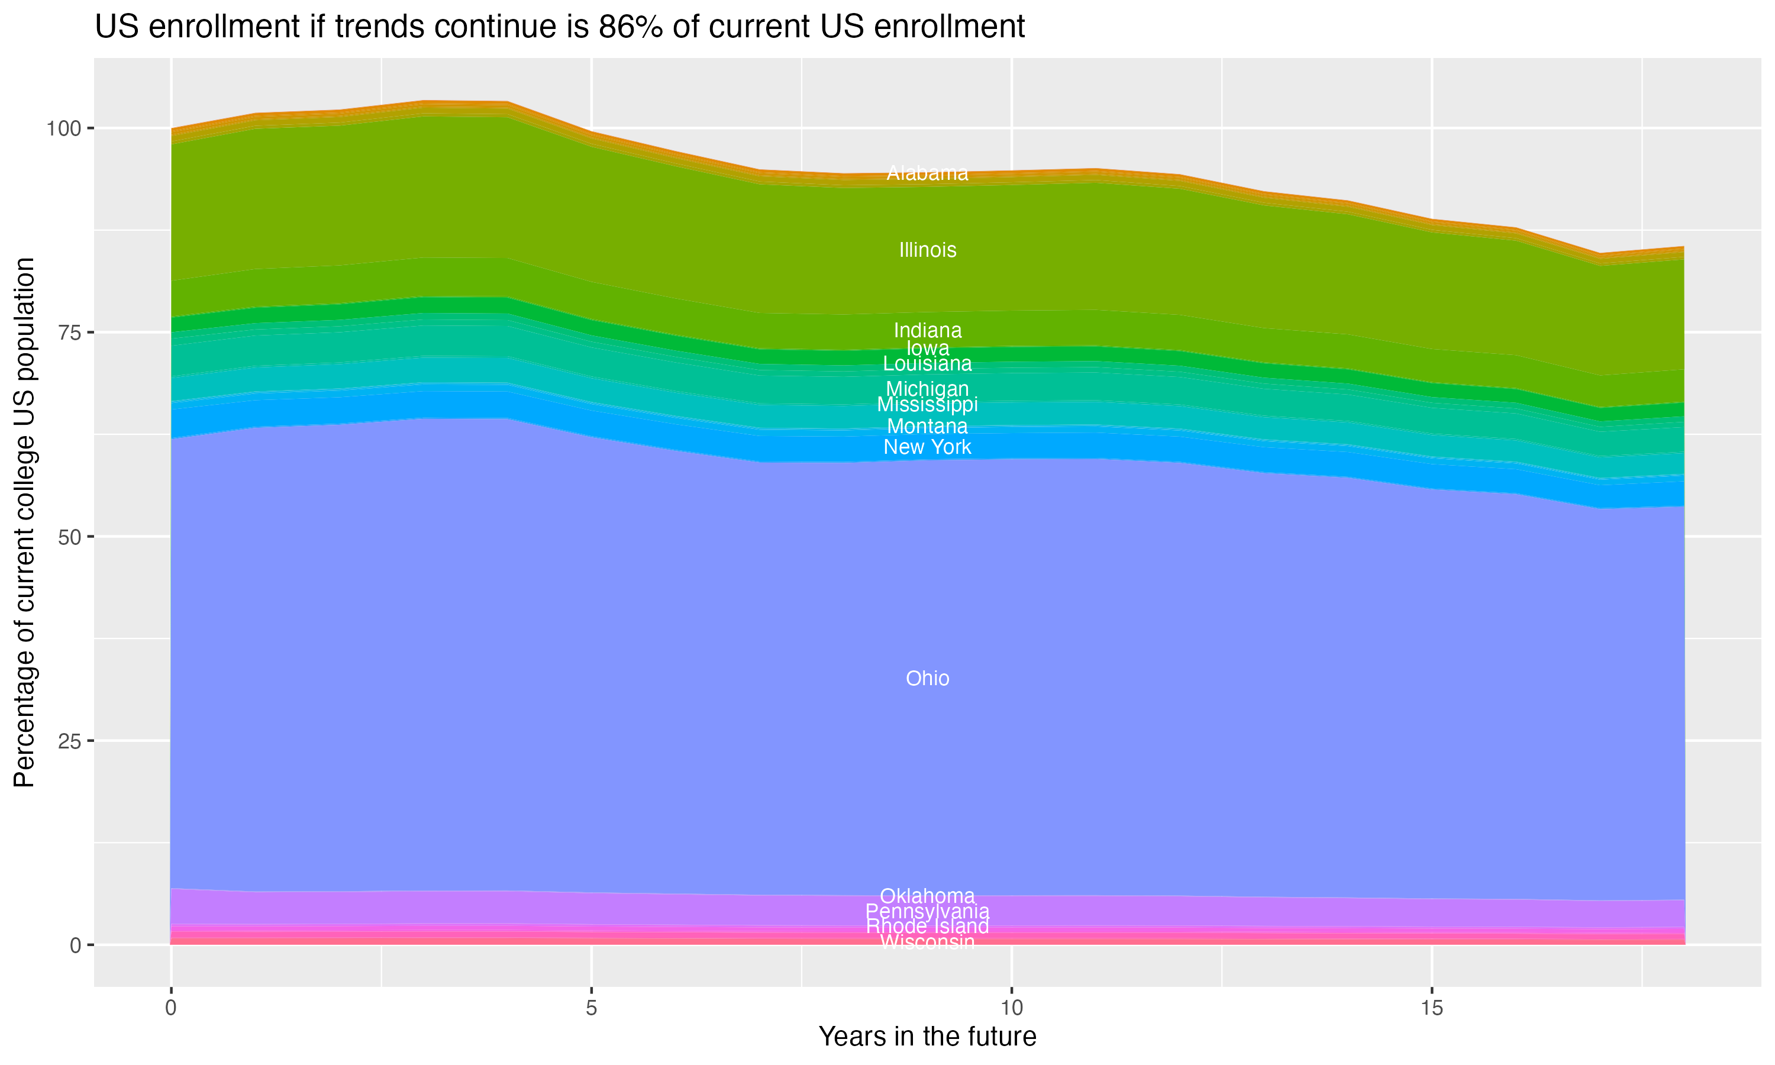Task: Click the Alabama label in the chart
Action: [927, 173]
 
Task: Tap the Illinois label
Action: [927, 250]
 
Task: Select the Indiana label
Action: [927, 330]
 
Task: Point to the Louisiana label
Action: [927, 364]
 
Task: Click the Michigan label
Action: [927, 388]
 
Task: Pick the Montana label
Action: [927, 426]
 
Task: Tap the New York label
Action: [927, 447]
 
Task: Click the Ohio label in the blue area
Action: [927, 678]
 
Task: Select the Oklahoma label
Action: [927, 896]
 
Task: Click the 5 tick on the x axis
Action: [591, 1008]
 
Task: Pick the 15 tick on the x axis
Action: [1431, 1008]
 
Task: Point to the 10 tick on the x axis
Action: [1011, 1008]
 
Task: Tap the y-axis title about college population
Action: [24, 522]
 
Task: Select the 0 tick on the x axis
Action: [171, 1008]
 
